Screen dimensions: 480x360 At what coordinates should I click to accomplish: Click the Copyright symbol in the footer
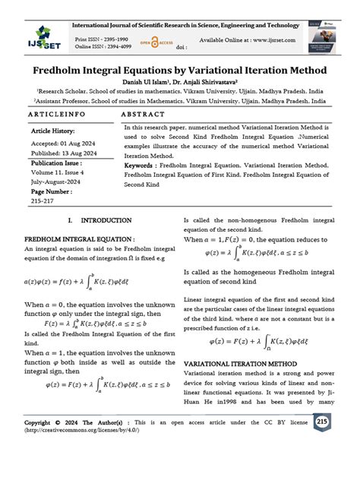58,423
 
